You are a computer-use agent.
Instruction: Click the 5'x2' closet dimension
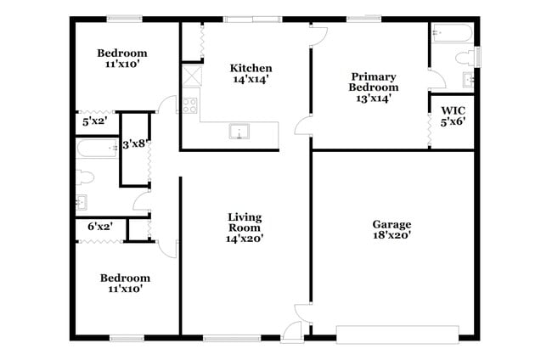tap(93, 121)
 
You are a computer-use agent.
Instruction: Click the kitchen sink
tap(239, 132)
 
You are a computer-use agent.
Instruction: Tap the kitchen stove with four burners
tap(189, 106)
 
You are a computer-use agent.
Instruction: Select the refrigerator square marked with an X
tap(189, 75)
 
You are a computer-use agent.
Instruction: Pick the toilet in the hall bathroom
tap(82, 177)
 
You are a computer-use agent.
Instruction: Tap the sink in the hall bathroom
tap(82, 203)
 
